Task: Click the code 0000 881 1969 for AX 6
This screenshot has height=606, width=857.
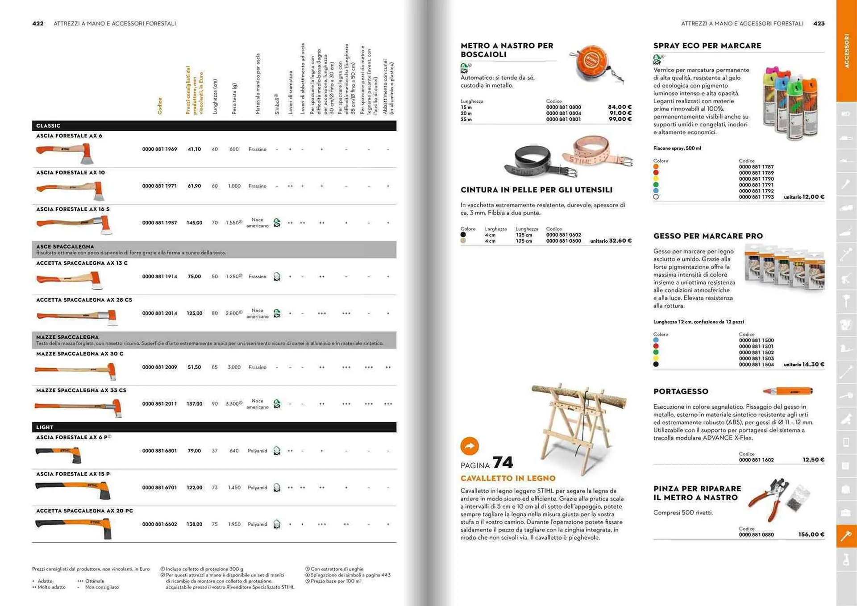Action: point(159,149)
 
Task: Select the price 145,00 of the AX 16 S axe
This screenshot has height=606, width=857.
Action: point(194,223)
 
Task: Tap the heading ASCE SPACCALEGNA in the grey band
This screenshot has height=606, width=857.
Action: point(65,246)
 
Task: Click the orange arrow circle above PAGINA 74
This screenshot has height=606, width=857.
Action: point(470,445)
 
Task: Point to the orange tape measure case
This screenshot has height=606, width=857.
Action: point(592,63)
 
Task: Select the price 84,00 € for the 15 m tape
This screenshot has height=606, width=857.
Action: point(620,107)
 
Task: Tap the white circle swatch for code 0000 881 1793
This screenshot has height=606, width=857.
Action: point(656,197)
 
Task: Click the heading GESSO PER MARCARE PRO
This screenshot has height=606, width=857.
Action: point(708,236)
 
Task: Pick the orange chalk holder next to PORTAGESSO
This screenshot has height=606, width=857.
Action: point(788,391)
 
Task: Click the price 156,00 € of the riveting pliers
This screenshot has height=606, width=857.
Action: point(811,535)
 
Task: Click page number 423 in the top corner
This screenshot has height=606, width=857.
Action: point(819,24)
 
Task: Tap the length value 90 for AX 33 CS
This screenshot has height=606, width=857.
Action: point(215,404)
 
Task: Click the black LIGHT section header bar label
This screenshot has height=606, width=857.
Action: point(45,427)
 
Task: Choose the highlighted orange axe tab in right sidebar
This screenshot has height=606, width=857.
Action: point(846,535)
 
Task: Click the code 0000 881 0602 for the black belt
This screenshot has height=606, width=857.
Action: point(563,235)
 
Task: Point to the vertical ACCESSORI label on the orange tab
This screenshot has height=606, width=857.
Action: point(846,51)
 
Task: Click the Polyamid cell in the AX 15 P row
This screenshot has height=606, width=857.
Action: point(257,488)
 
